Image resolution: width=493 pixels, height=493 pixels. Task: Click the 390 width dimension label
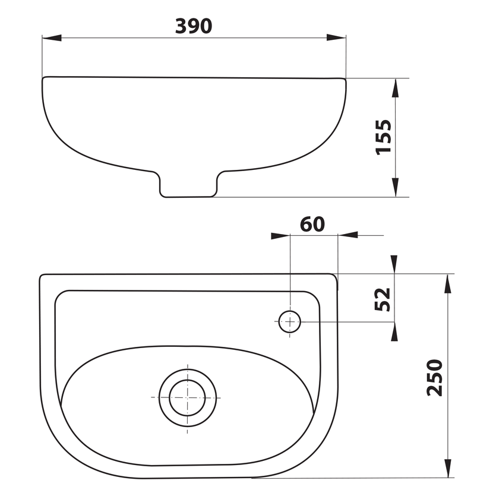(x=194, y=26)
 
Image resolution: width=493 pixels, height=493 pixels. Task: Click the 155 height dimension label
(x=384, y=137)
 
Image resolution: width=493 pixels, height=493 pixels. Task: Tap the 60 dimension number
(x=312, y=224)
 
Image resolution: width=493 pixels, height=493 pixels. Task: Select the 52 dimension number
(x=383, y=299)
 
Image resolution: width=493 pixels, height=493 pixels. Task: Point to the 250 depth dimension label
(x=435, y=377)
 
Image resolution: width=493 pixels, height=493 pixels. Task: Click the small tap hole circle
(x=290, y=322)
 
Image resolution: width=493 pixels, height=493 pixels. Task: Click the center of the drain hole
(x=187, y=398)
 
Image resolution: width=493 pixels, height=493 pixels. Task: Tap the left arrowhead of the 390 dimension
(x=52, y=38)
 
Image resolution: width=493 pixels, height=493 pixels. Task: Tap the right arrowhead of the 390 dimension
(x=336, y=37)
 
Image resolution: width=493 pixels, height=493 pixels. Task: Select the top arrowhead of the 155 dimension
(x=395, y=88)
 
